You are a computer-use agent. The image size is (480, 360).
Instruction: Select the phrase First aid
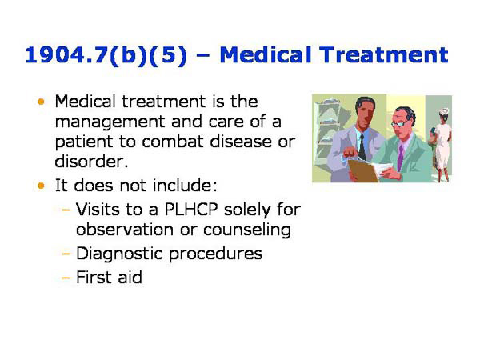108,278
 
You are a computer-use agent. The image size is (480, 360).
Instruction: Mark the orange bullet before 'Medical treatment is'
42,103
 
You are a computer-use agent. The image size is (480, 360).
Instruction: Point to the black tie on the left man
362,145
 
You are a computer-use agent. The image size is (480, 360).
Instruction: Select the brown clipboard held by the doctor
364,169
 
